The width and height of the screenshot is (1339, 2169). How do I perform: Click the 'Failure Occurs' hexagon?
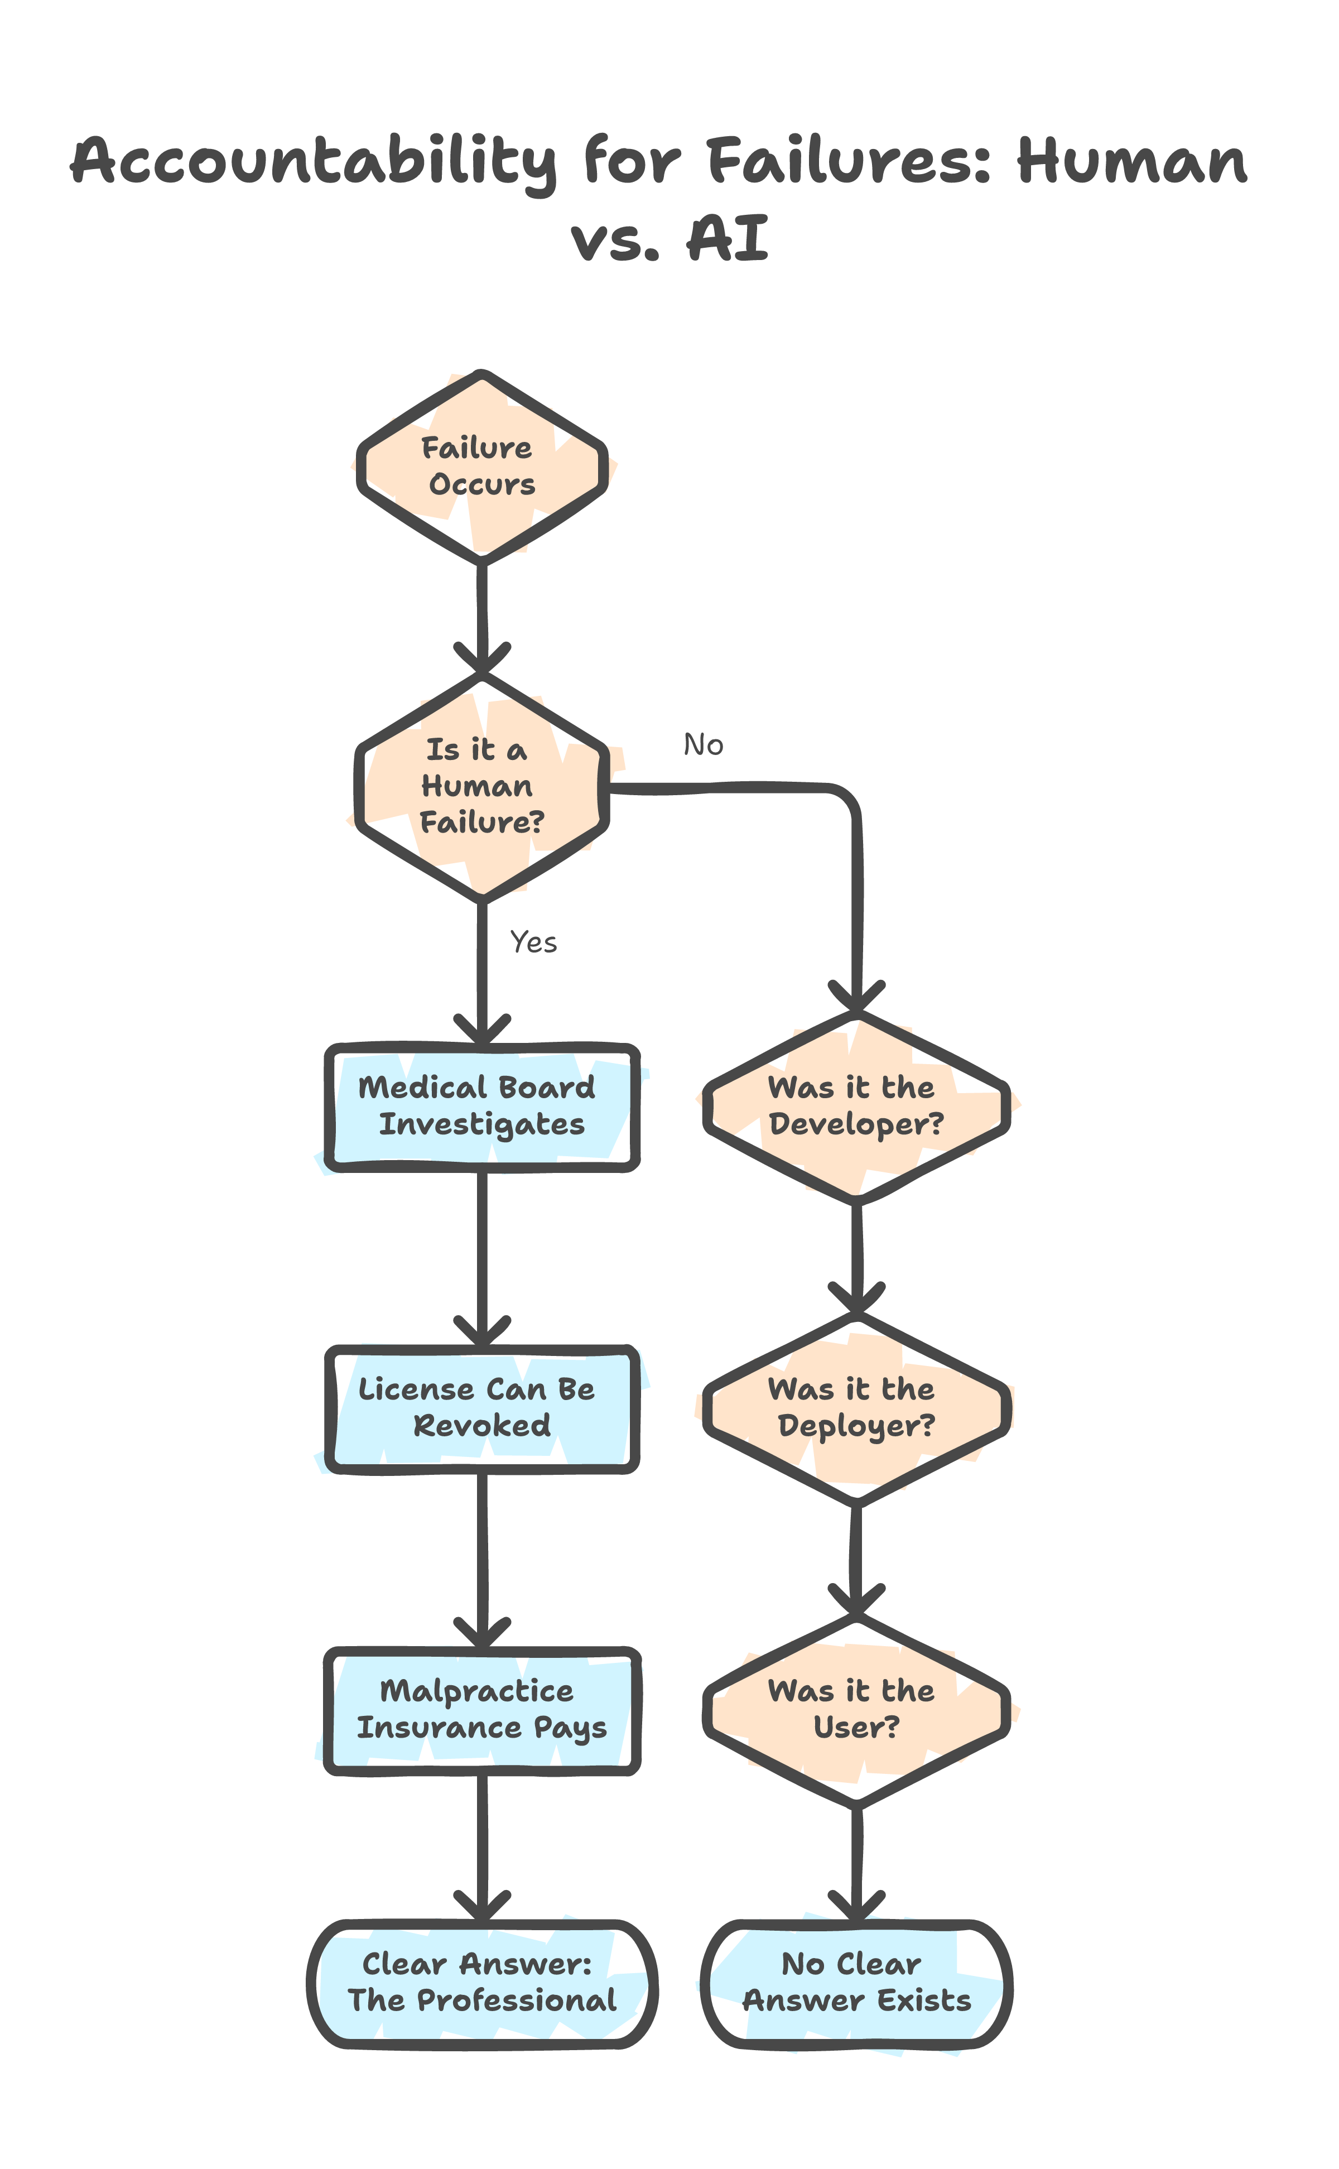pyautogui.click(x=481, y=466)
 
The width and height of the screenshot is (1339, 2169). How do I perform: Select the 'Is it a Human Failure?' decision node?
pyautogui.click(x=481, y=786)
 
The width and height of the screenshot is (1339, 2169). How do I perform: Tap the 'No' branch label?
pyautogui.click(x=703, y=746)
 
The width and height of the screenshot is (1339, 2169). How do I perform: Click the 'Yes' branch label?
pyautogui.click(x=534, y=942)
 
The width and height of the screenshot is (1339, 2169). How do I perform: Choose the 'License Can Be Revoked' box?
pyautogui.click(x=481, y=1408)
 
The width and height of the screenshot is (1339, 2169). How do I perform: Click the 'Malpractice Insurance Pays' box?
pyautogui.click(x=481, y=1709)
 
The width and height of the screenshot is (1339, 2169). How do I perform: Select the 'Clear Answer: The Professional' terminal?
pyautogui.click(x=481, y=1983)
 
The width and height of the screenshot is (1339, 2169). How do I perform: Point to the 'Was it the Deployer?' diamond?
pyautogui.click(x=855, y=1408)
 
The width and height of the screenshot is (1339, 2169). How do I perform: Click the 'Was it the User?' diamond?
pyautogui.click(x=855, y=1709)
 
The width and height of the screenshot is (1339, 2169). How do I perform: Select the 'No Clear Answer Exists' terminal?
pyautogui.click(x=855, y=1983)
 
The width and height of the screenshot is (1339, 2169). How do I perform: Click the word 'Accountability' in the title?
pyautogui.click(x=314, y=162)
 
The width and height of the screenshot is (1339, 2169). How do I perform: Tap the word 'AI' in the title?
pyautogui.click(x=728, y=239)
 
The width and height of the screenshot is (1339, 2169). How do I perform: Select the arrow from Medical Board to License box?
pyautogui.click(x=481, y=1258)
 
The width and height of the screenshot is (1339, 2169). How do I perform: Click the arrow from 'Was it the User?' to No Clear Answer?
pyautogui.click(x=855, y=1860)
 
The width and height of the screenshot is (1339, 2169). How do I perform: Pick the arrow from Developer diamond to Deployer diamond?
pyautogui.click(x=855, y=1258)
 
